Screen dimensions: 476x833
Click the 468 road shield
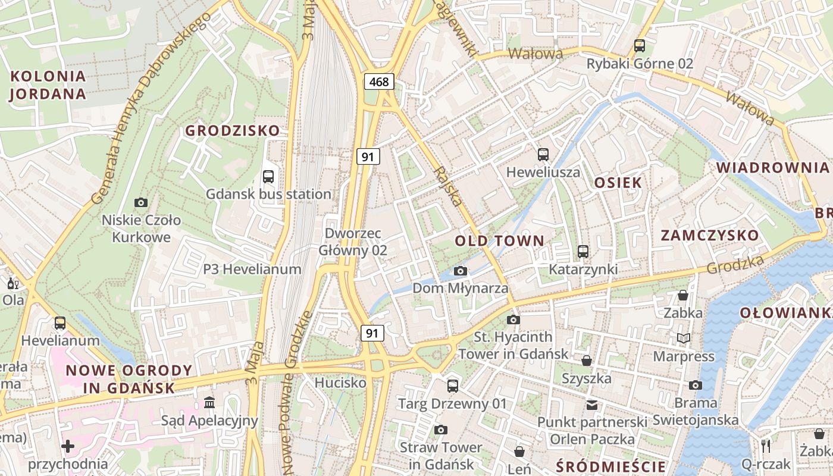[x=379, y=82]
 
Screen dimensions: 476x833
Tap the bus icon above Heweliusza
[x=543, y=155]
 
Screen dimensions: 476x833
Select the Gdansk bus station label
[x=268, y=194]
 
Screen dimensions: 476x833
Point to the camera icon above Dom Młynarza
[x=460, y=271]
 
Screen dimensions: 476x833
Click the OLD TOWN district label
[x=500, y=241]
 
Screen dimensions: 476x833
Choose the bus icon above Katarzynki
[x=583, y=252]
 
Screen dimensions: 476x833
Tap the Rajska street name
[x=448, y=186]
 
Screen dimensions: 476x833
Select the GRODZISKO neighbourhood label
[x=232, y=130]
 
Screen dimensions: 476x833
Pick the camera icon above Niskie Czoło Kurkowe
[x=141, y=202]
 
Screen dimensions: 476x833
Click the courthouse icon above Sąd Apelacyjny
[x=209, y=403]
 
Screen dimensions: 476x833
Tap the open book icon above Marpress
[x=684, y=339]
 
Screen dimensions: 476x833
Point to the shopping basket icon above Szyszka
[x=587, y=361]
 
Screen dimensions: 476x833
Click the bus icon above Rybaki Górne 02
[x=640, y=45]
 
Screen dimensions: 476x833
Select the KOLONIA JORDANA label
[x=48, y=85]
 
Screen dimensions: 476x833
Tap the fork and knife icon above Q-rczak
[x=766, y=446]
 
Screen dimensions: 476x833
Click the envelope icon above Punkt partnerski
[x=592, y=405]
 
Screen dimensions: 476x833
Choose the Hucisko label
[x=340, y=383]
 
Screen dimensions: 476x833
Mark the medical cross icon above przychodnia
[x=68, y=446]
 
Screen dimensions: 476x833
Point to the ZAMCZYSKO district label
[x=710, y=236]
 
